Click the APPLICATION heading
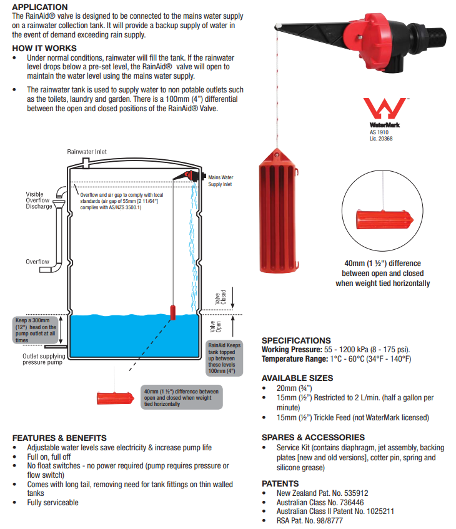[40, 7]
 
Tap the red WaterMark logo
[384, 109]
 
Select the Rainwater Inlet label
[87, 151]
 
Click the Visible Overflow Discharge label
[39, 200]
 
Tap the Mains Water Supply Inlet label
[220, 180]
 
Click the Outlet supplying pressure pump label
[44, 359]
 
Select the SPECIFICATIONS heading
[296, 340]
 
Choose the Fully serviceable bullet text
[53, 502]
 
